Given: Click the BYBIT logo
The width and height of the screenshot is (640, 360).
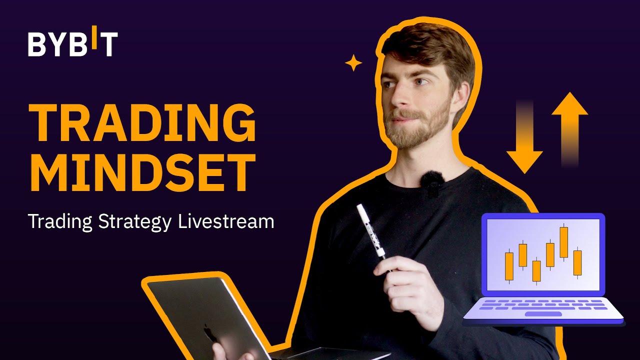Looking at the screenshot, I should [x=73, y=44].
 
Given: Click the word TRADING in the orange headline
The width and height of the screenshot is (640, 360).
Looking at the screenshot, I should [x=142, y=123].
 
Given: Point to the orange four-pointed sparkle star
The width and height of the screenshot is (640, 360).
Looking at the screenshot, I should [x=353, y=63].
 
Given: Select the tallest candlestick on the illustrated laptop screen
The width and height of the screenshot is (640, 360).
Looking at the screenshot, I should [x=564, y=242].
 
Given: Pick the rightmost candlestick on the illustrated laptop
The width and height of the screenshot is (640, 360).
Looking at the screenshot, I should [x=577, y=262].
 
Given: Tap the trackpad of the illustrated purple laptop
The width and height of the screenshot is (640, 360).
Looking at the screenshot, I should [x=543, y=314].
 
